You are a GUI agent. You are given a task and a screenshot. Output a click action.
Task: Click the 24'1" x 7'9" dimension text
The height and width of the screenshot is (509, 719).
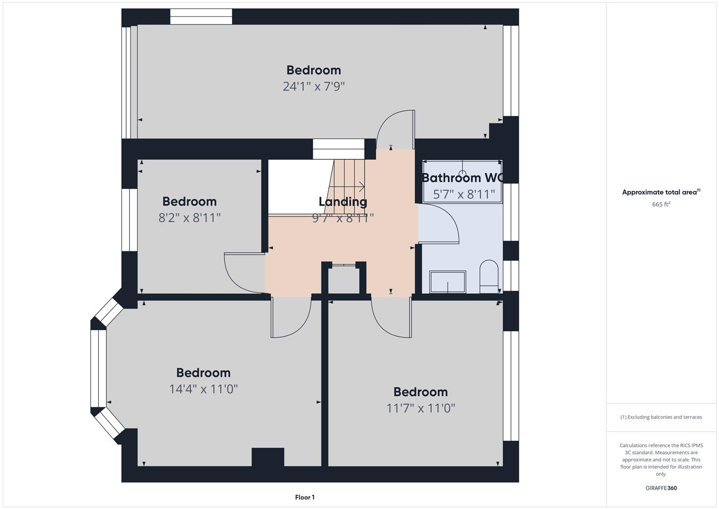(314, 86)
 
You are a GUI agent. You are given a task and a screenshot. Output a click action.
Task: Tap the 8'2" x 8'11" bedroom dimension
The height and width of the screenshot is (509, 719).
(189, 218)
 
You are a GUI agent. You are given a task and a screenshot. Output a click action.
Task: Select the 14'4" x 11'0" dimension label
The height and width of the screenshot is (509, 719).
(203, 389)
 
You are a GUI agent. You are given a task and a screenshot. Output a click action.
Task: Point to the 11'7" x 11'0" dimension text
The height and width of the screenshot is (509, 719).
(421, 408)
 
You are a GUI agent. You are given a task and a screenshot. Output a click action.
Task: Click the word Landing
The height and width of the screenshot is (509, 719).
(343, 202)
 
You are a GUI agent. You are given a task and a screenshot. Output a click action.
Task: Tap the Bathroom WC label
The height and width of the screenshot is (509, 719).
(462, 178)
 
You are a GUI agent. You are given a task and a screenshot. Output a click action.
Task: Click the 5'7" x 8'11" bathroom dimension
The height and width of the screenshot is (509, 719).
(464, 194)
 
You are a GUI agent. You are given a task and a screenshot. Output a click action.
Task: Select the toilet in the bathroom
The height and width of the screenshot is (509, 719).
(489, 276)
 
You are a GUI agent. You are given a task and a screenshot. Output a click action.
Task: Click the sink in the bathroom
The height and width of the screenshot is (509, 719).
(447, 282)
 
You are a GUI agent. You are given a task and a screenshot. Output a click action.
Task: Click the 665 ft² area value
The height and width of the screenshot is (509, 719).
(661, 204)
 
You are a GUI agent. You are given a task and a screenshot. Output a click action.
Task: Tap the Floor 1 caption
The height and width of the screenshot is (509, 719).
(305, 497)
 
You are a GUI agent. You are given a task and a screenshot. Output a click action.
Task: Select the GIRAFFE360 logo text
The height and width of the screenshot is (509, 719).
(661, 488)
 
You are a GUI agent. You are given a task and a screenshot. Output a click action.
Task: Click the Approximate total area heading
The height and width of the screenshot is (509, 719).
(661, 192)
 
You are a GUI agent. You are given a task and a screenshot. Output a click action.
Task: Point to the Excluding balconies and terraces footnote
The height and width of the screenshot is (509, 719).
(661, 417)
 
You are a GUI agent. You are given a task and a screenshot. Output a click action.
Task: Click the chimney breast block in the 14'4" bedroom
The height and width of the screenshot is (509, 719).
(268, 457)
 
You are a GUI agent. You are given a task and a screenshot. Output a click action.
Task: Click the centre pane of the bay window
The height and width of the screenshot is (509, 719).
(98, 369)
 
